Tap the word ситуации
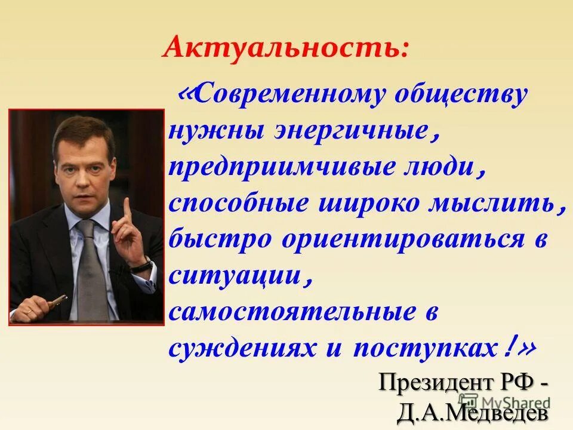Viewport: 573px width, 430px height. [x=235, y=277]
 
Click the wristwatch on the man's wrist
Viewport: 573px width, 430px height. [x=141, y=264]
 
